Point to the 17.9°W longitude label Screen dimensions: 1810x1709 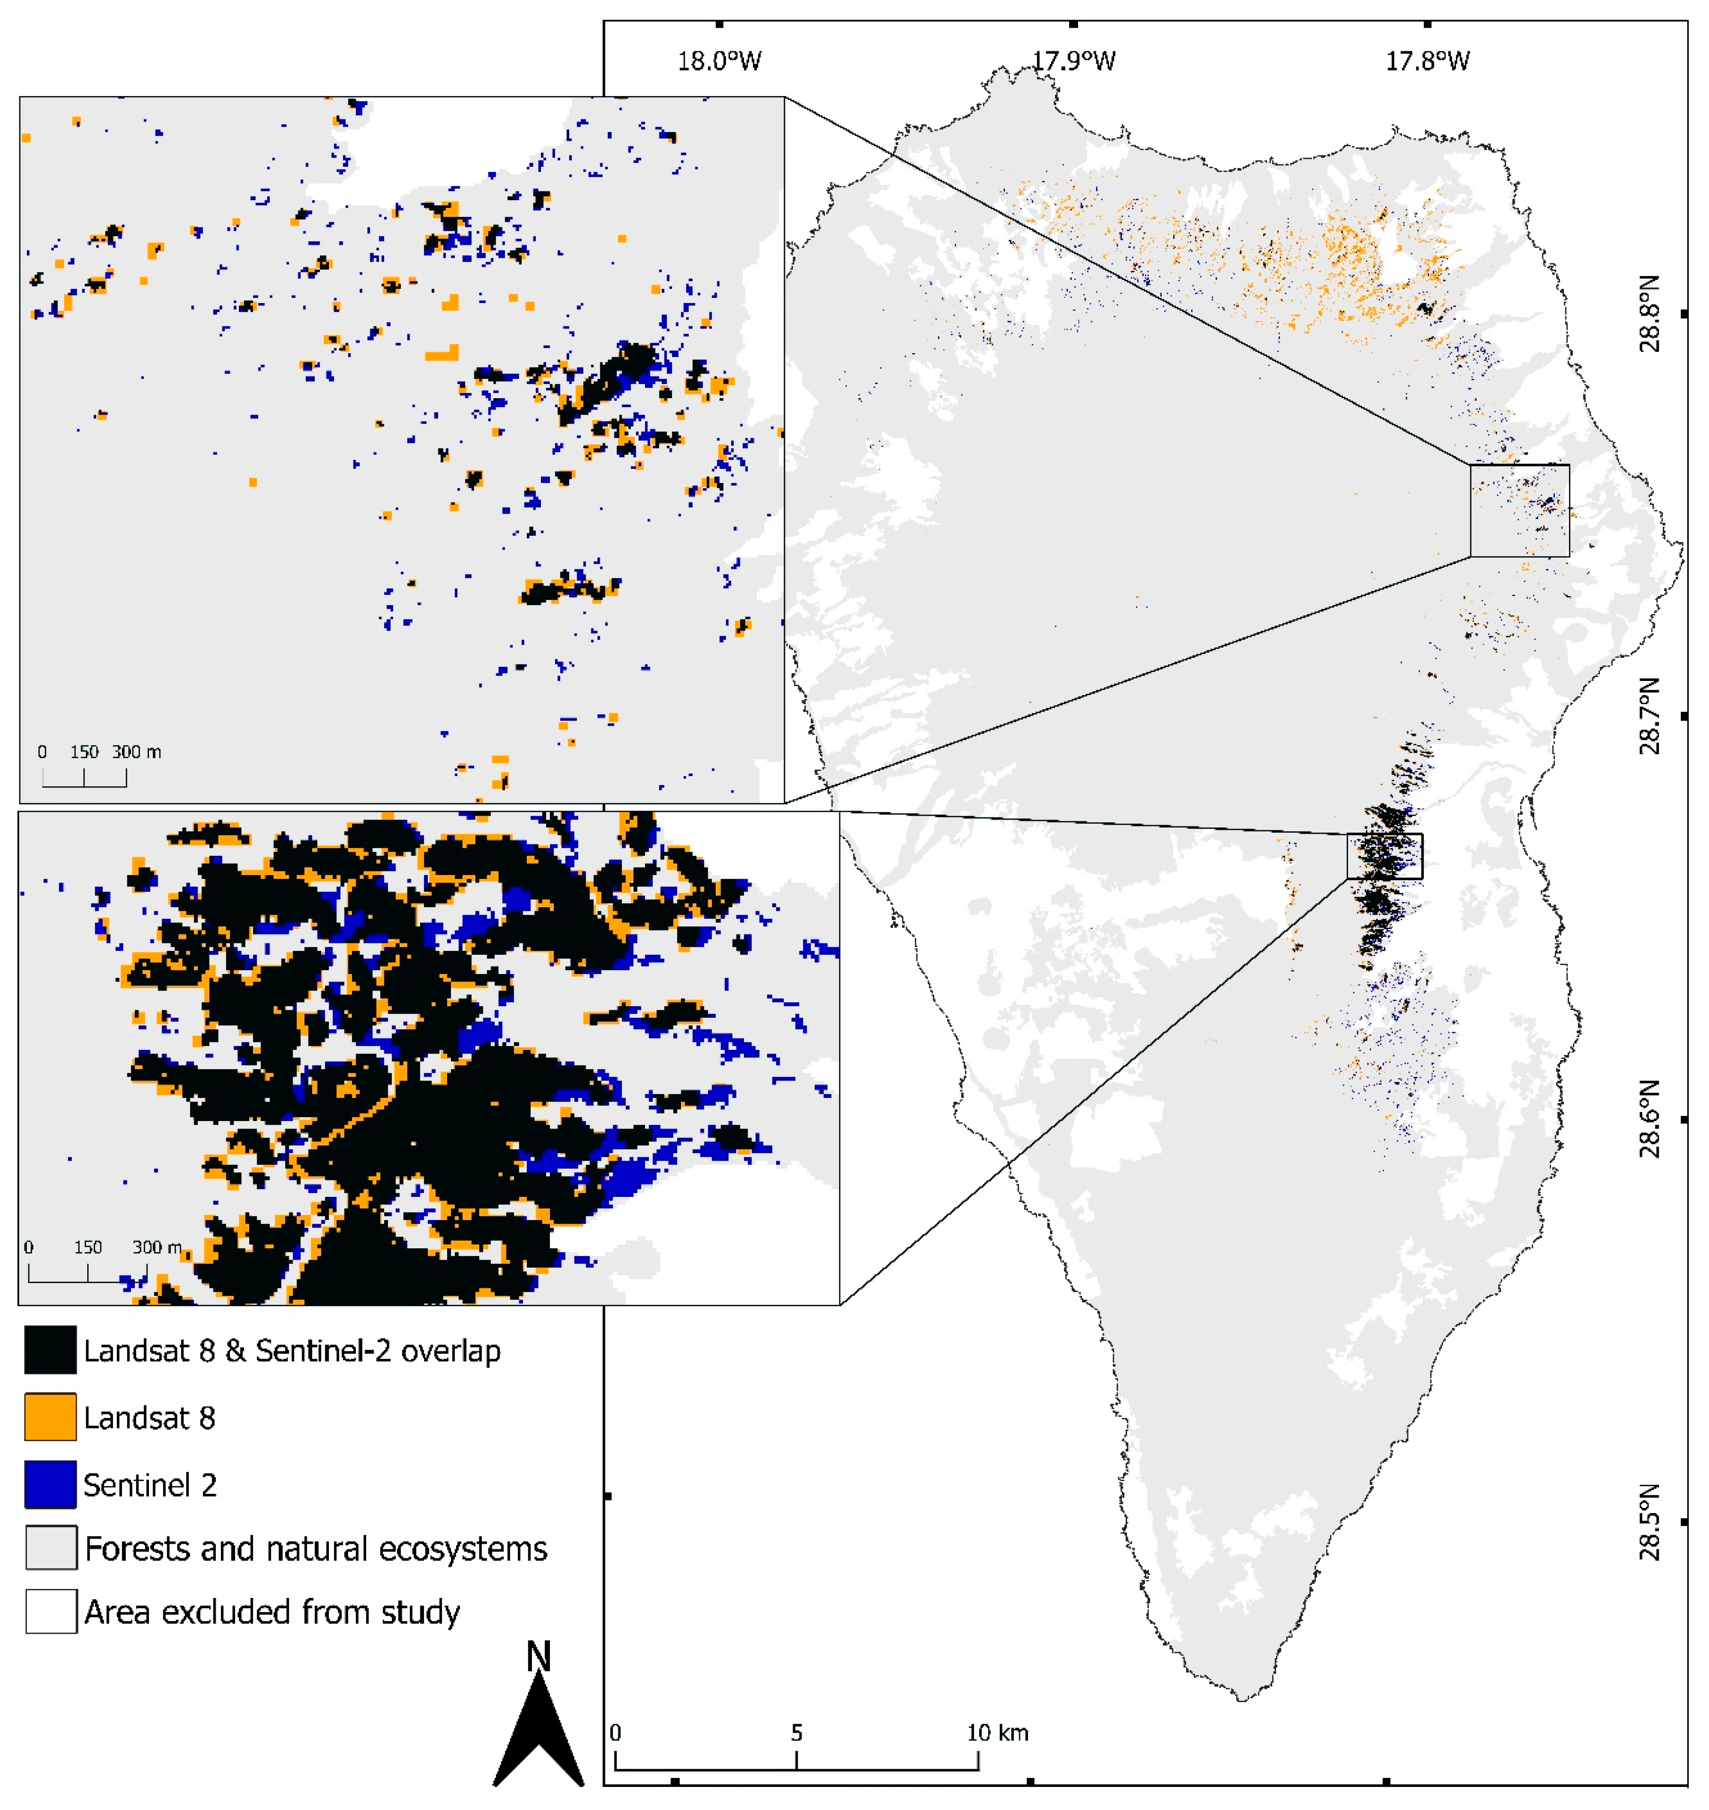[1073, 61]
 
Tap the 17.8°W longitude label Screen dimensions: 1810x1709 [1428, 61]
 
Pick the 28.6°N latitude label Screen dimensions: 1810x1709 [1650, 1119]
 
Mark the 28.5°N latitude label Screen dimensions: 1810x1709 [1650, 1521]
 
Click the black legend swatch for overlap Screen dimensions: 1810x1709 [50, 1350]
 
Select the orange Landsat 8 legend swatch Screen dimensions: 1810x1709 [50, 1417]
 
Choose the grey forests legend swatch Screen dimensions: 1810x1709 [50, 1548]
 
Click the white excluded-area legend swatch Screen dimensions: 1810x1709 [50, 1613]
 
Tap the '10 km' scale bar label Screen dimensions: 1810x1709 [998, 1733]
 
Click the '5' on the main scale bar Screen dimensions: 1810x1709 [796, 1733]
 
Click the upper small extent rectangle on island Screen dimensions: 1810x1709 [1520, 510]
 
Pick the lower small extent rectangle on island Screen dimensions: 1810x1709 [1384, 856]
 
